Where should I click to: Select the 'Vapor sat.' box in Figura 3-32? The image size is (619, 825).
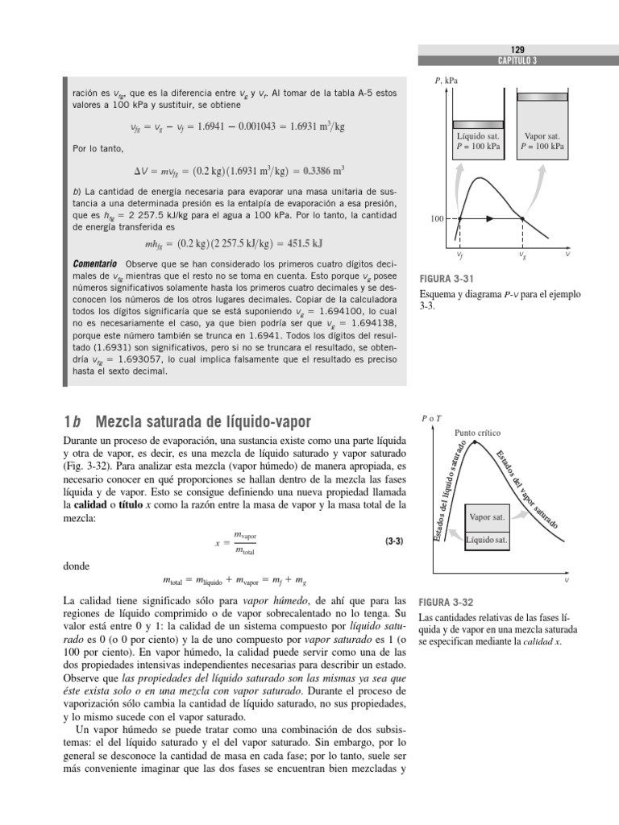click(487, 516)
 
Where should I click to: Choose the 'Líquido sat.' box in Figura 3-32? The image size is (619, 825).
click(487, 540)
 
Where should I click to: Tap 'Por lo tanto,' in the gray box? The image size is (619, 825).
click(94, 149)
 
